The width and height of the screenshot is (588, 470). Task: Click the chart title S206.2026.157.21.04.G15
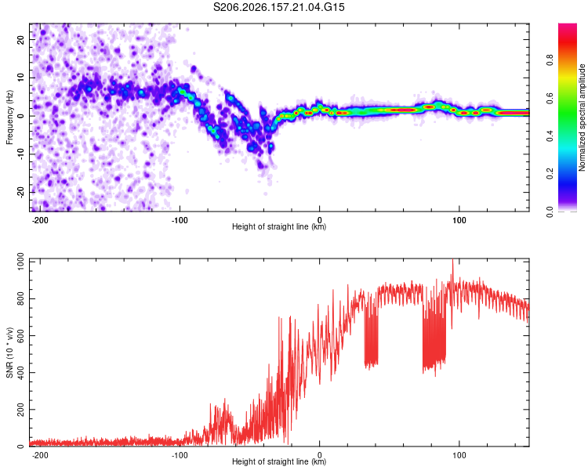tap(278, 7)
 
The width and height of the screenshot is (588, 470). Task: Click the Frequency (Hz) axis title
tap(9, 117)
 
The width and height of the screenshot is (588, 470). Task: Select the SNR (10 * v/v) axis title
tap(9, 352)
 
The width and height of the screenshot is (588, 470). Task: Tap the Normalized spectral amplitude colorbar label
tap(582, 117)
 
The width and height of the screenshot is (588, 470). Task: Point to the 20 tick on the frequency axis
tap(20, 39)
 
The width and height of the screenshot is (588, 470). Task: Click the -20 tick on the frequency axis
tap(20, 192)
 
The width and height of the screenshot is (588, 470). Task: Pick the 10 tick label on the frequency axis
tap(20, 78)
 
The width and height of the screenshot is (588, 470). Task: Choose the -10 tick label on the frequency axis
tap(20, 154)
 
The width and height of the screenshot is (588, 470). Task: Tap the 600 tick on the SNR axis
tap(20, 335)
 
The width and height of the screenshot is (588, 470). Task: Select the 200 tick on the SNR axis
tap(20, 409)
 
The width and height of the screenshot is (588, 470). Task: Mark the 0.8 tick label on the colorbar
tap(550, 60)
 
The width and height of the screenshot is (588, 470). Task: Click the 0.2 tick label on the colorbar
tap(550, 174)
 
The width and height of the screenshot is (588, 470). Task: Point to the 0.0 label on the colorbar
tap(550, 211)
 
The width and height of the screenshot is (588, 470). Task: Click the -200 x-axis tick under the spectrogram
tap(40, 220)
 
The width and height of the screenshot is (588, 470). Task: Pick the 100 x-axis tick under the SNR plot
tap(459, 455)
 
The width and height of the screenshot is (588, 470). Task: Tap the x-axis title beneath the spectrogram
tap(279, 226)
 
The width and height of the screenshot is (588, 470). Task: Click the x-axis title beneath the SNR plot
tap(279, 461)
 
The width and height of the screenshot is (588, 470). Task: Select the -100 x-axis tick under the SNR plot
tap(180, 455)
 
